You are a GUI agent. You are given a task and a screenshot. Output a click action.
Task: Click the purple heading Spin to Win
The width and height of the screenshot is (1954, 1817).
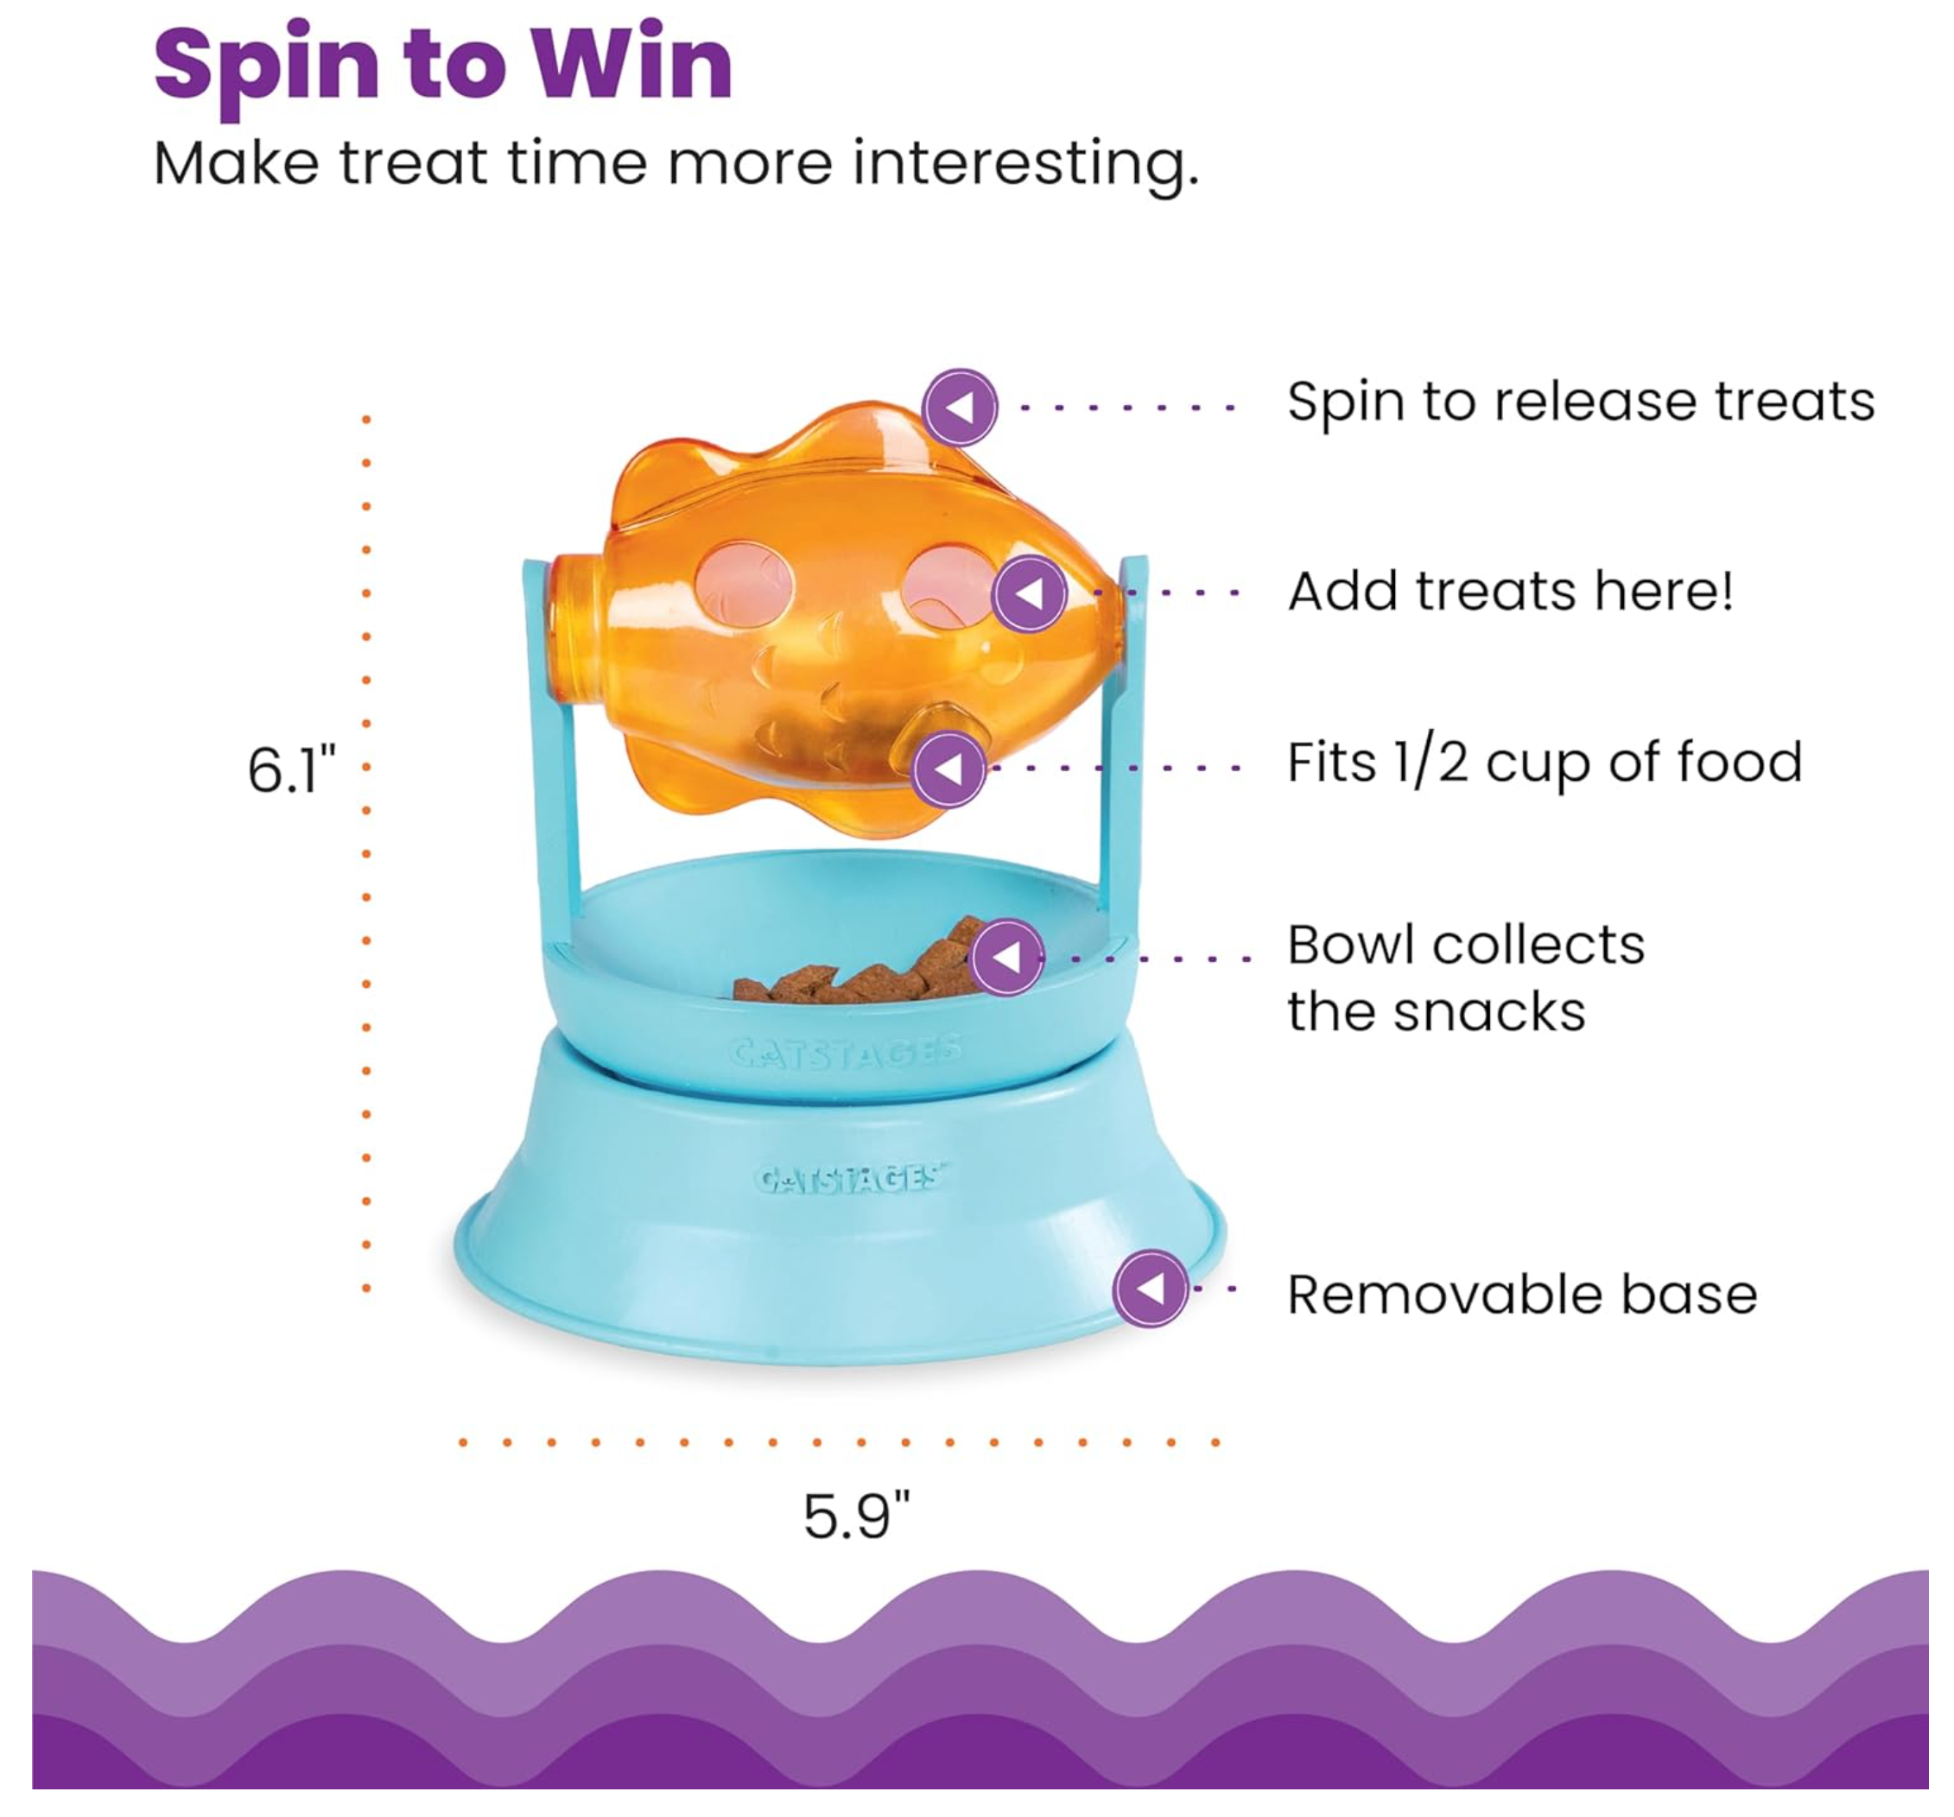(443, 66)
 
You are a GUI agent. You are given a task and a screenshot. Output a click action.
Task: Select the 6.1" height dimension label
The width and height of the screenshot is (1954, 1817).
(291, 769)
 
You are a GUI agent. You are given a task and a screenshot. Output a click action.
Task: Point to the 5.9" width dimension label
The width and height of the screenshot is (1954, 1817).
(856, 1516)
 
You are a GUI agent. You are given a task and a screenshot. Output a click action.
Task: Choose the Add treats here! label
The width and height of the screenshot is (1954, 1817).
(1510, 592)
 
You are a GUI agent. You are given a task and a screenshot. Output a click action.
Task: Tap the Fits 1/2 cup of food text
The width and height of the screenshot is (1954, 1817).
(1545, 763)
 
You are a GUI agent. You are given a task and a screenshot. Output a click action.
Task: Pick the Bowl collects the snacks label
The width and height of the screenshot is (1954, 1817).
(1464, 978)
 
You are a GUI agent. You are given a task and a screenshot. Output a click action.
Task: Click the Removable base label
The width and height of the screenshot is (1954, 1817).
(1521, 1295)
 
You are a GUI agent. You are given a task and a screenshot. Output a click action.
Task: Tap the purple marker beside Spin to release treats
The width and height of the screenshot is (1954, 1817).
(960, 407)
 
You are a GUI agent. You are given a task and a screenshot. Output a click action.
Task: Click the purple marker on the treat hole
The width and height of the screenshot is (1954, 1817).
(1029, 592)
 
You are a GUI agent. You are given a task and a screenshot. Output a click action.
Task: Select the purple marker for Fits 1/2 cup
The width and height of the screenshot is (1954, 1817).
(948, 769)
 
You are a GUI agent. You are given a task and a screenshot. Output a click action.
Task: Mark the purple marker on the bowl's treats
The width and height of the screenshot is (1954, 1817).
(1006, 956)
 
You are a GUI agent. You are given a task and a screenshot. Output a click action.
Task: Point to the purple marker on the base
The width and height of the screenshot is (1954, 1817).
(1150, 1288)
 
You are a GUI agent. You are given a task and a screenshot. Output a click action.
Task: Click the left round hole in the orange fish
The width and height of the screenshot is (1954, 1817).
(743, 587)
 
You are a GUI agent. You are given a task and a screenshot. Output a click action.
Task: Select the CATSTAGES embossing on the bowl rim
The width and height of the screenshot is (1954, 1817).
(846, 1054)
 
